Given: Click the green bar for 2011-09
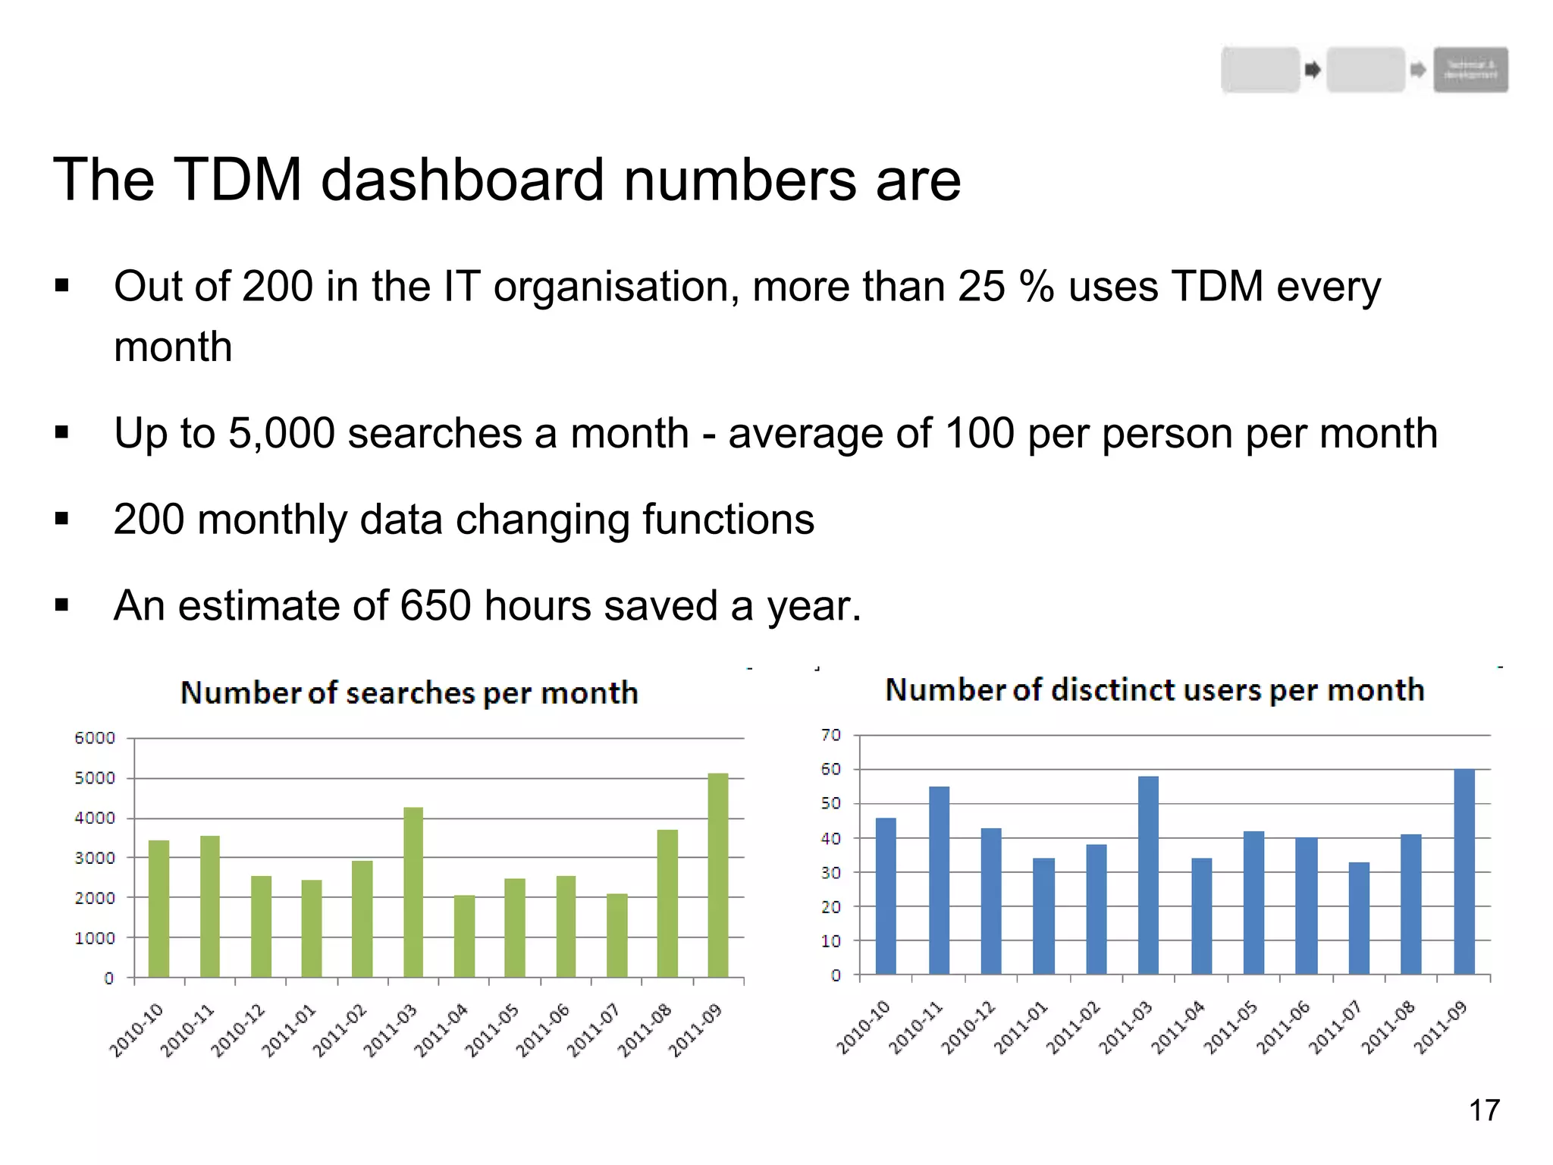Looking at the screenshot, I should (717, 875).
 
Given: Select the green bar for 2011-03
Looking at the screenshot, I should (413, 892).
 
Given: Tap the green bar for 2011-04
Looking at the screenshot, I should (464, 936).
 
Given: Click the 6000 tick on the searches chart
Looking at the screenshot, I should (95, 738).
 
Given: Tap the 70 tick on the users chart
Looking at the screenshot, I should (831, 735).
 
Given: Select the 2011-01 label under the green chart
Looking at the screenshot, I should (288, 1030).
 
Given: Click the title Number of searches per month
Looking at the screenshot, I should (409, 693).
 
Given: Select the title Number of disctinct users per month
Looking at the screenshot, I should (1154, 690).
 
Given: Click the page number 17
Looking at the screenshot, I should (1484, 1110).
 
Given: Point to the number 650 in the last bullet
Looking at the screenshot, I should (435, 606).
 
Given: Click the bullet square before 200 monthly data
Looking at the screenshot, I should (62, 520).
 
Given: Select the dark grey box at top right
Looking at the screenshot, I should (1470, 70).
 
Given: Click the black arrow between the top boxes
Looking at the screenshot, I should (1313, 70).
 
